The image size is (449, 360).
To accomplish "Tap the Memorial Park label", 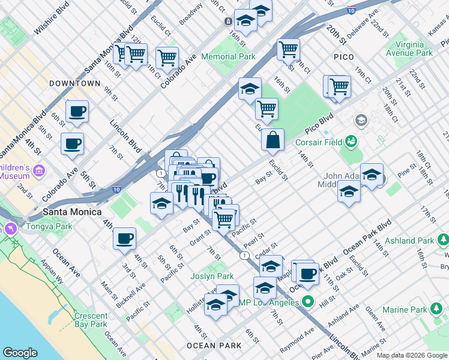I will [x=228, y=56].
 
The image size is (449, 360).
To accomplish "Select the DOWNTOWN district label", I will [x=75, y=83].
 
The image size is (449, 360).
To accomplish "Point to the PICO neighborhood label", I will [x=345, y=56].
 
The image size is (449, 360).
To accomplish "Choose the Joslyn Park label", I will [x=212, y=277].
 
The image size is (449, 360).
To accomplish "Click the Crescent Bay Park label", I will [x=91, y=320].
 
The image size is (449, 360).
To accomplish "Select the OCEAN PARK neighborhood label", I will [x=214, y=346].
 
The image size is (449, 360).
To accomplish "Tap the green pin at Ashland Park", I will [x=443, y=240].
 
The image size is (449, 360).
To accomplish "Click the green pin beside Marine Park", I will [x=438, y=309].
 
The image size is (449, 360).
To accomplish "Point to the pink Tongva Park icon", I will [x=10, y=229].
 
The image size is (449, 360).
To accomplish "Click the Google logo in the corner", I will [x=20, y=353].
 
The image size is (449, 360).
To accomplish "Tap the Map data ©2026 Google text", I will [x=412, y=355].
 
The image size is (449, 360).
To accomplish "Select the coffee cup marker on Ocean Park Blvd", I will [x=307, y=274].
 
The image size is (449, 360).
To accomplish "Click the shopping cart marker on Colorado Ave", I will [x=167, y=58].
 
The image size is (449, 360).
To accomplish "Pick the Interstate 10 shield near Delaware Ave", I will [x=351, y=11].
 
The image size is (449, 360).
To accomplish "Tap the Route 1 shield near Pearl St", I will [x=244, y=256].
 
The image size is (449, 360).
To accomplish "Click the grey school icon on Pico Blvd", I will [x=361, y=121].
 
